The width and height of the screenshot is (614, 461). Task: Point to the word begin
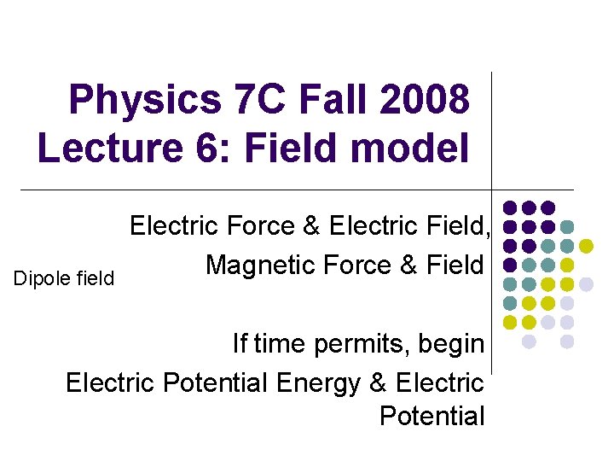tap(448, 345)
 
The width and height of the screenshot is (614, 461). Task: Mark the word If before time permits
tap(240, 344)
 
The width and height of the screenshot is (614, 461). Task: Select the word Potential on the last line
tap(432, 417)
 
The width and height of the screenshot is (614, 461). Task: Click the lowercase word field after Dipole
tap(96, 278)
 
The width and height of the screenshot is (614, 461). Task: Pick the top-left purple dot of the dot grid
tap(510, 207)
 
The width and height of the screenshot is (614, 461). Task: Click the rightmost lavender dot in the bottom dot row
tap(567, 341)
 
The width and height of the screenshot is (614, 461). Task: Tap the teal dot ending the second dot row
tap(567, 227)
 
